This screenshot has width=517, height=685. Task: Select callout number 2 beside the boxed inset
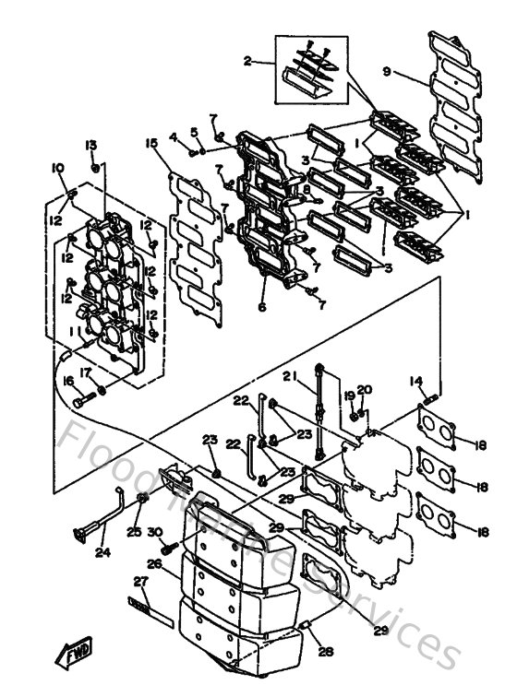click(246, 62)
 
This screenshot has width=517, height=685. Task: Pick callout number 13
click(91, 145)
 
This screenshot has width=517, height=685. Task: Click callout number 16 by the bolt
click(67, 380)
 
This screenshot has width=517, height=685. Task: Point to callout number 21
click(288, 375)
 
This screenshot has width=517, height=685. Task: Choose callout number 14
click(415, 380)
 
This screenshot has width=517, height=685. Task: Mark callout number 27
click(140, 582)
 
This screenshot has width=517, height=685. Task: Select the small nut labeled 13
click(96, 169)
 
